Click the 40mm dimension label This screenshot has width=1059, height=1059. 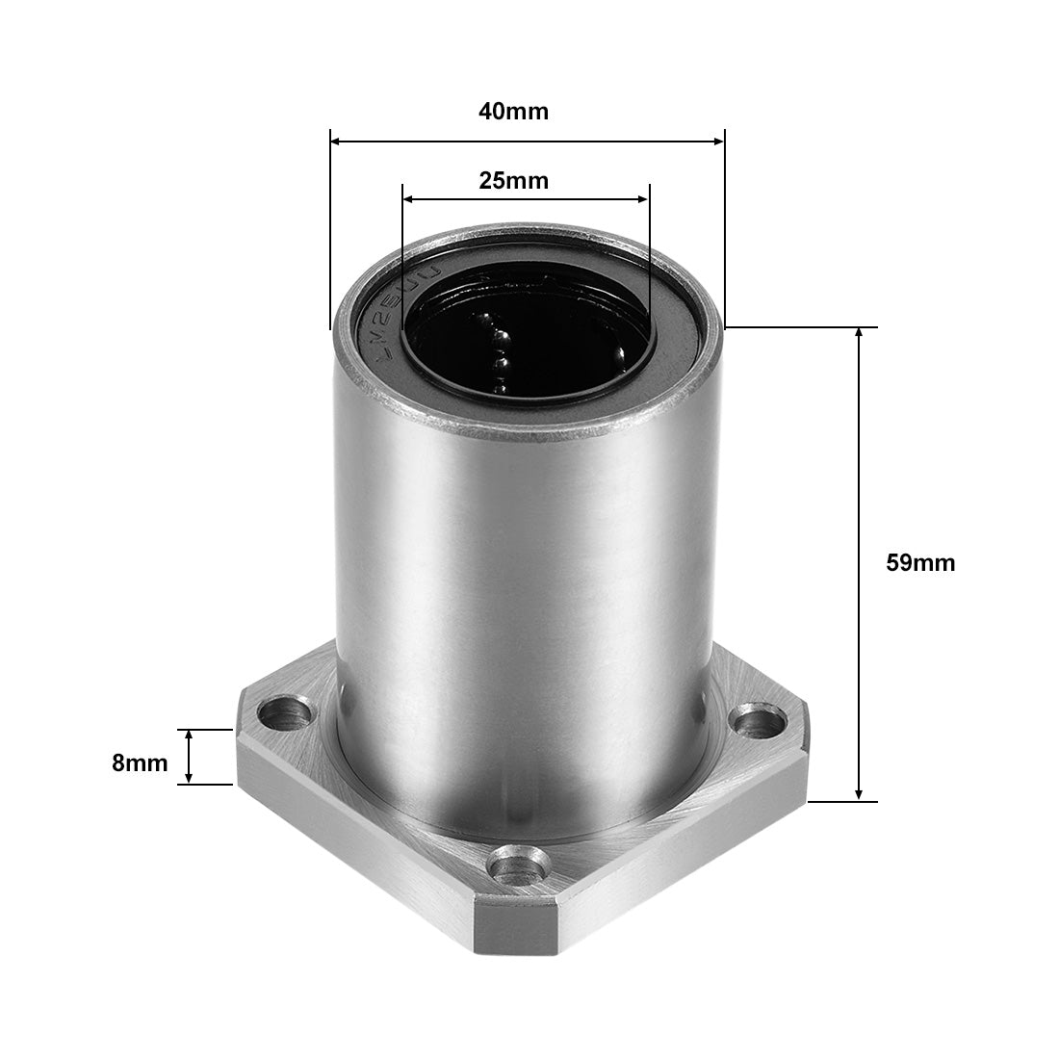click(x=513, y=112)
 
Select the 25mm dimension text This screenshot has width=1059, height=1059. click(x=513, y=180)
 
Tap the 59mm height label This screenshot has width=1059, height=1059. click(x=919, y=563)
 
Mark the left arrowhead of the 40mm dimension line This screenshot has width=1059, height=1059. click(x=336, y=142)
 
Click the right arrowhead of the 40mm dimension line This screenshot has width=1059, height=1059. click(x=717, y=142)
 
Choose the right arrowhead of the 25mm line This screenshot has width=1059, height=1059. click(x=642, y=199)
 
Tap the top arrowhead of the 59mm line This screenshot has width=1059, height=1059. click(x=859, y=334)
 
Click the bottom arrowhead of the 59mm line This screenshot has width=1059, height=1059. click(x=859, y=794)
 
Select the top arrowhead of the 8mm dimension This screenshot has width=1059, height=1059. click(x=190, y=736)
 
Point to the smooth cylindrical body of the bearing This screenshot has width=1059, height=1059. click(x=520, y=578)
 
